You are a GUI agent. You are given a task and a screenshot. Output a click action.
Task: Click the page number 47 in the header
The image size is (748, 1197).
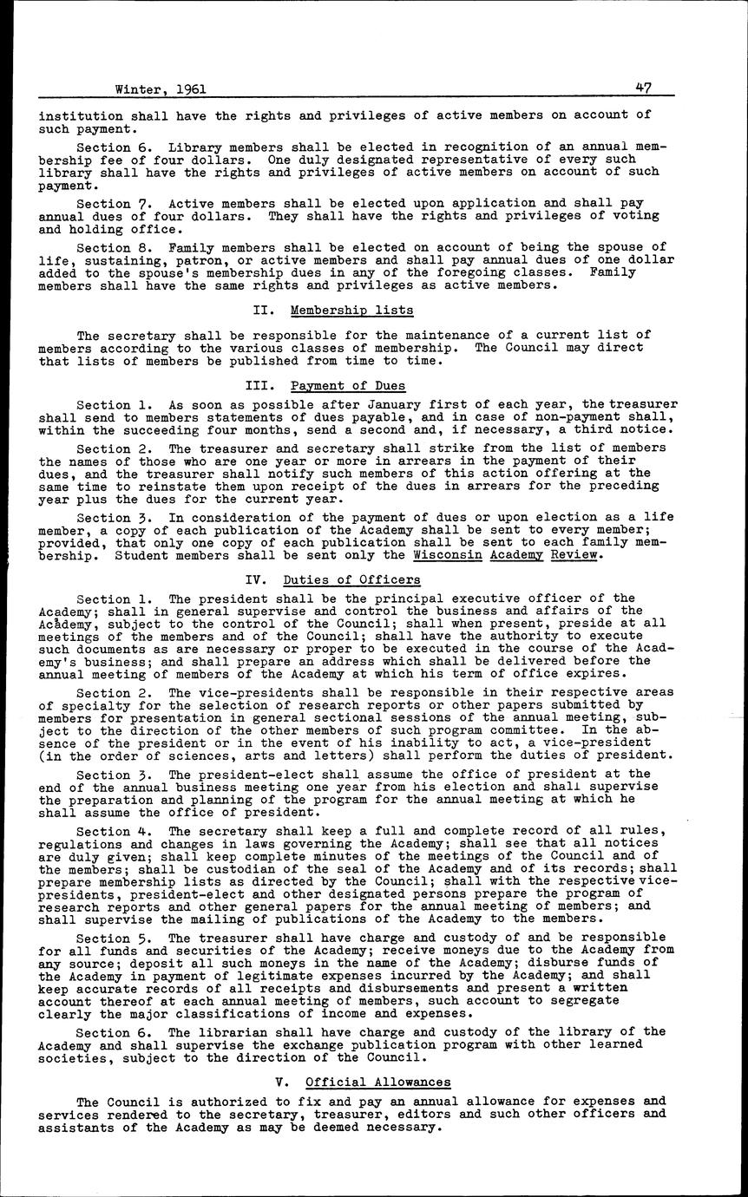(x=643, y=88)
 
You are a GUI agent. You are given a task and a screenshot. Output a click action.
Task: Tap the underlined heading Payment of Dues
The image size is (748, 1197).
(x=348, y=386)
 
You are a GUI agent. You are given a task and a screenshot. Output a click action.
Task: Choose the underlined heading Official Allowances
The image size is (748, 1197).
(x=378, y=1082)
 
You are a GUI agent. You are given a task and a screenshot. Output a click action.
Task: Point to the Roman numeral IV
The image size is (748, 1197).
(x=255, y=579)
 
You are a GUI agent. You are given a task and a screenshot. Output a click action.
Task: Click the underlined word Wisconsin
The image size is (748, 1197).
(x=448, y=555)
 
